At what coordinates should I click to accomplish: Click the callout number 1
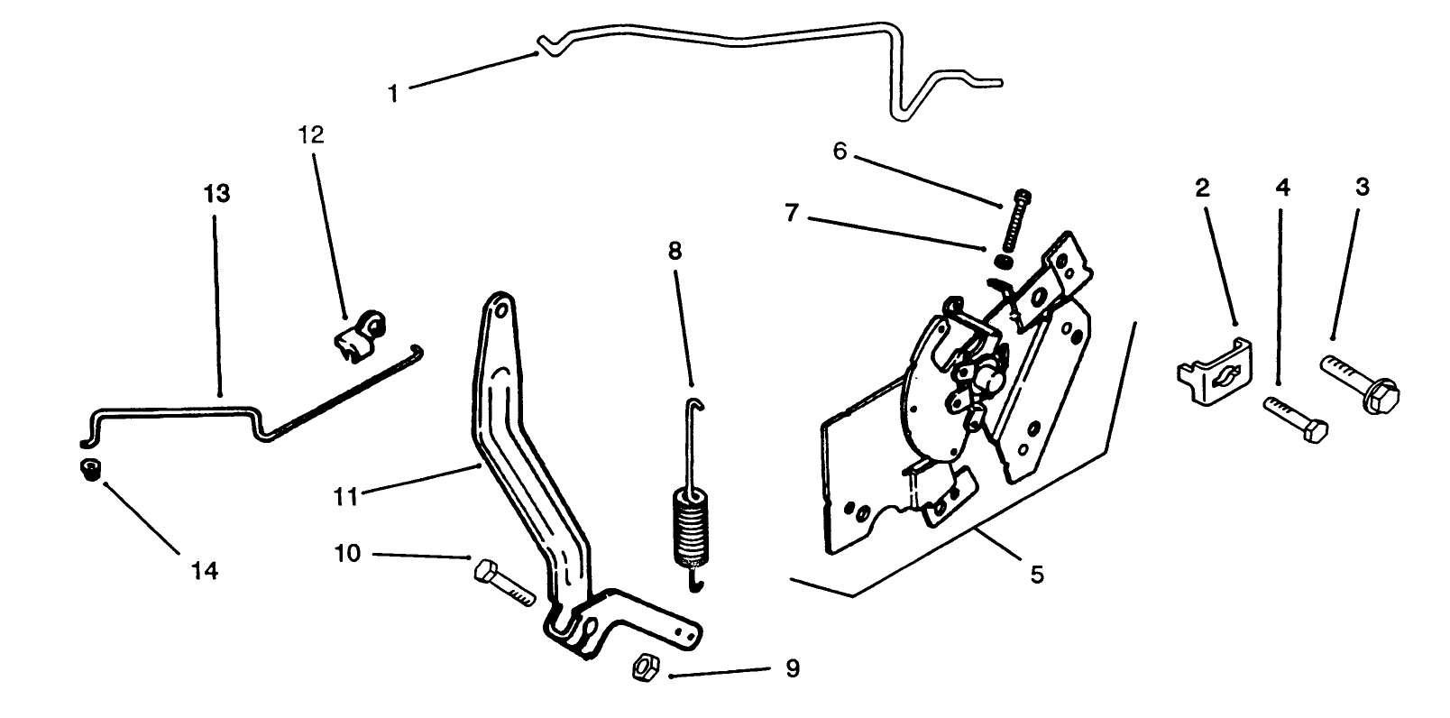click(393, 93)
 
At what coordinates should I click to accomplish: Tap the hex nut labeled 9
click(644, 669)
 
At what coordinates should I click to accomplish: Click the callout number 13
click(216, 195)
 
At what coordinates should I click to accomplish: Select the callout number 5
click(1036, 574)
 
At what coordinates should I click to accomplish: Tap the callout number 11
click(346, 494)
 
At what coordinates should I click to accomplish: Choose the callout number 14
click(205, 571)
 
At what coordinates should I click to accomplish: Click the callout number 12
click(311, 135)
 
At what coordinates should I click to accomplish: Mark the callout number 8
click(675, 251)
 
